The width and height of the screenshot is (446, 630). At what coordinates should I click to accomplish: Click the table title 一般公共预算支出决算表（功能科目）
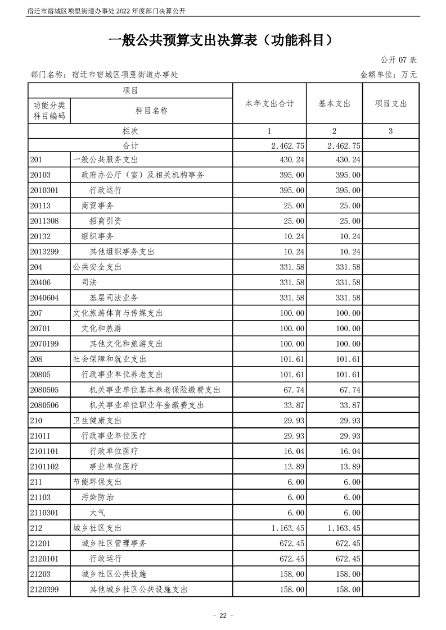tap(223, 40)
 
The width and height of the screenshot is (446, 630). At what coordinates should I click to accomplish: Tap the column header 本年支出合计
tap(269, 104)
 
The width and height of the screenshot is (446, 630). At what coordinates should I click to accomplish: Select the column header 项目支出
tap(390, 104)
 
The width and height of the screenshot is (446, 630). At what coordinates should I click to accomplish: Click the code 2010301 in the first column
tap(47, 190)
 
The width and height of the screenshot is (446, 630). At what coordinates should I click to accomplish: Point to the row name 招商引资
tap(105, 221)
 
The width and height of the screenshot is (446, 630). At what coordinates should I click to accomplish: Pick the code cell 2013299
tap(47, 252)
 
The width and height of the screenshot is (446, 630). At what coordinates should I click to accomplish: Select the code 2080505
tap(47, 390)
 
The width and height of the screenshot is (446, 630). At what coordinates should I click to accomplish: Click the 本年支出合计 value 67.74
tap(292, 390)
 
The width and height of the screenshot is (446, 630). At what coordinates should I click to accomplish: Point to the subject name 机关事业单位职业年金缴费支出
tap(147, 405)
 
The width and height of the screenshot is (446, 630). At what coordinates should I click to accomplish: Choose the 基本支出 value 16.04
tap(349, 451)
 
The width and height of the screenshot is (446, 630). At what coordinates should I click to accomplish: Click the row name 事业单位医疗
tap(114, 467)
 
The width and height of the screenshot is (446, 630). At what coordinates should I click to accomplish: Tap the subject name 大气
tap(97, 513)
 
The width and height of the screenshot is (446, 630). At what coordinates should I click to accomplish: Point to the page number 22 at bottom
tap(223, 616)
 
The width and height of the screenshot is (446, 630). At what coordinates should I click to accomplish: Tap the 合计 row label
tap(130, 145)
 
